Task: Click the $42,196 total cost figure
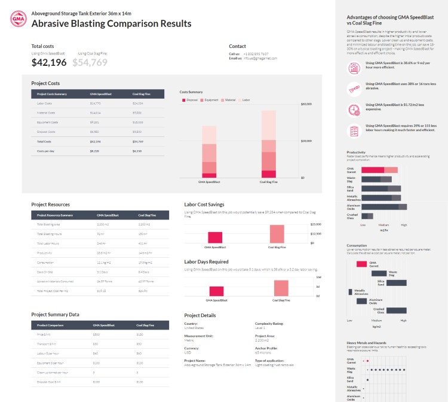(49, 62)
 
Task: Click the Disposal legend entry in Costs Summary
(190, 100)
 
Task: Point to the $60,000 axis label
(307, 104)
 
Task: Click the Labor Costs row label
(45, 103)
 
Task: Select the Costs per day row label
(47, 151)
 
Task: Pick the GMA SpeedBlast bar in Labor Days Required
(216, 290)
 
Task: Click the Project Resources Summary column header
(54, 215)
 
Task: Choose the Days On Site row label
(45, 272)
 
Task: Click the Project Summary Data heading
(55, 314)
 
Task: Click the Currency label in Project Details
(193, 349)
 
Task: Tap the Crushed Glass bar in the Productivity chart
(367, 216)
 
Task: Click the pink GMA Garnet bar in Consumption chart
(361, 264)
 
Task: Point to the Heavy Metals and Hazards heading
(364, 343)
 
